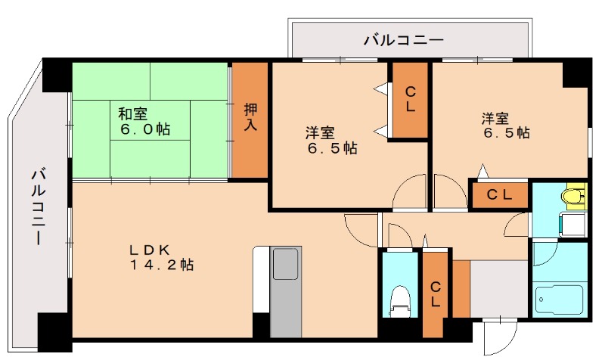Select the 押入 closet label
tap(250, 117)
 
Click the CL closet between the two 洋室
tap(409, 99)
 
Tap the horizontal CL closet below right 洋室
tap(498, 195)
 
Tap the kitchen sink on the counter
tap(285, 268)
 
